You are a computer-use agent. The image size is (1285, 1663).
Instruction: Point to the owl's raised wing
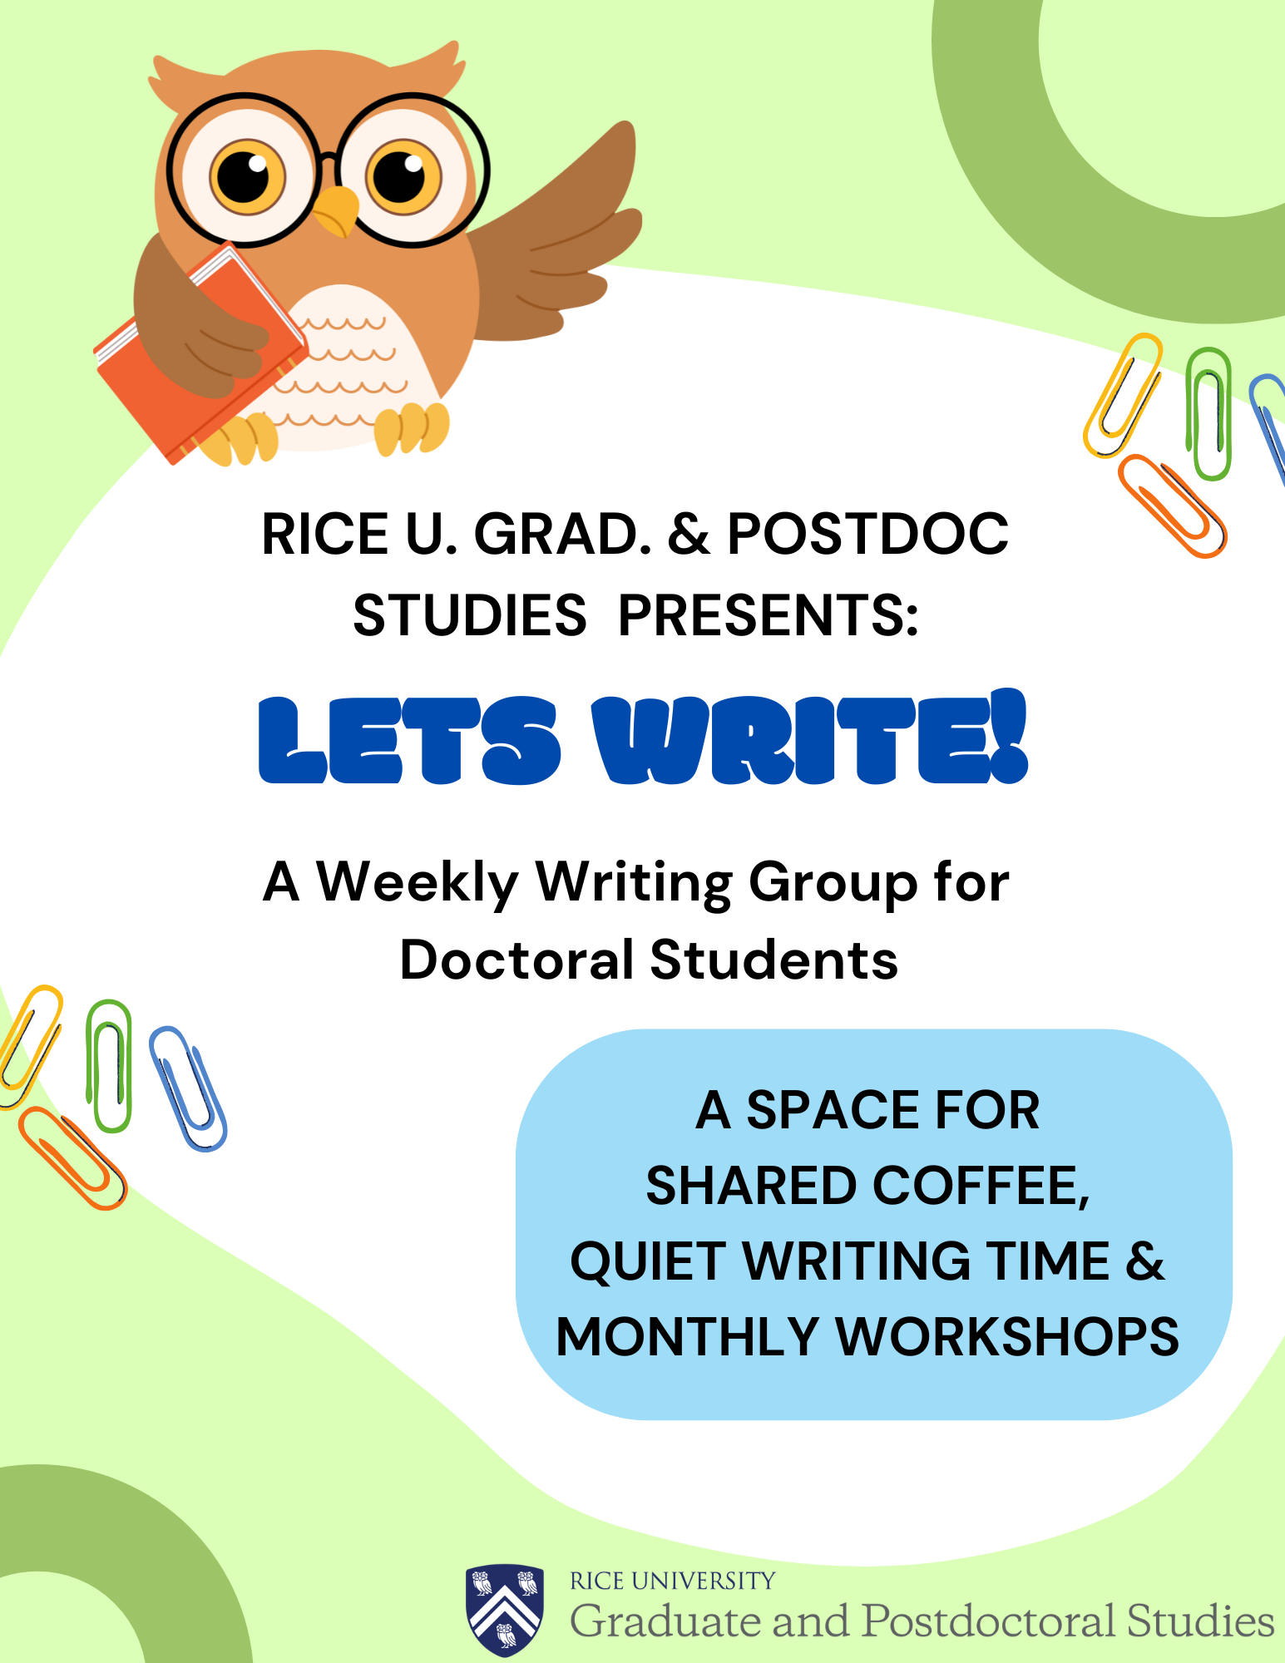[x=566, y=241]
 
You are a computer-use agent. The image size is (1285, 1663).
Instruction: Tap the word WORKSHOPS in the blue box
[x=1006, y=1337]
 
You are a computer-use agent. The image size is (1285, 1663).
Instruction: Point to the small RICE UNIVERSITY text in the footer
[x=672, y=1581]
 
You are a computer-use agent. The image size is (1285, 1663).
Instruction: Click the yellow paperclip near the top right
[x=1122, y=394]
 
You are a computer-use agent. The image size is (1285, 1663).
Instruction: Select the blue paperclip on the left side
[x=188, y=1089]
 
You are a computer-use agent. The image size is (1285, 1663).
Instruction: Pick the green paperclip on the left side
[x=109, y=1065]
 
